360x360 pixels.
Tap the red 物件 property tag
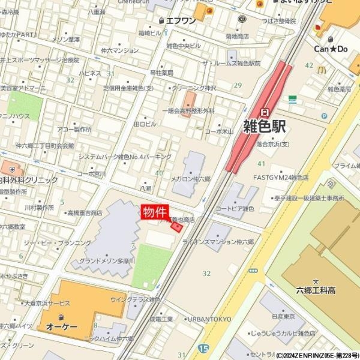(155, 212)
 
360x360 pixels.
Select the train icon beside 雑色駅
(265, 112)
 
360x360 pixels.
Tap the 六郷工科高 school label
(314, 290)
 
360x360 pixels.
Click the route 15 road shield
(203, 348)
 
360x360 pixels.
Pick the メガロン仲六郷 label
(191, 179)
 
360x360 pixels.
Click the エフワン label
(181, 20)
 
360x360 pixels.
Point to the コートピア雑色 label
(235, 209)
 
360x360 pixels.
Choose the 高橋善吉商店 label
(85, 212)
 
